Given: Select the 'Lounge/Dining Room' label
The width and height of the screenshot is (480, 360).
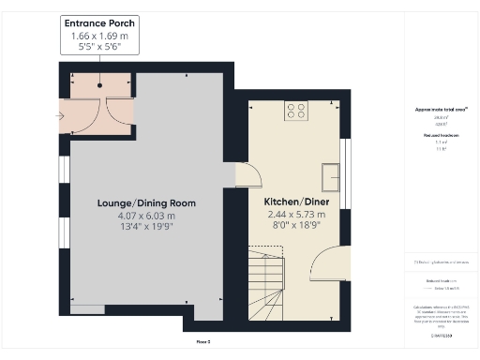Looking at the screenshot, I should (x=147, y=202).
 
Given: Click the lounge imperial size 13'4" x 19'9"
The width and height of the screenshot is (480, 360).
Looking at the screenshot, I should (x=147, y=227).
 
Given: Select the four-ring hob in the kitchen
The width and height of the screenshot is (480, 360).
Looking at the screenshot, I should (x=295, y=111).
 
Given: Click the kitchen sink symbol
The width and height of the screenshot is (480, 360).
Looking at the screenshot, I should (x=330, y=174).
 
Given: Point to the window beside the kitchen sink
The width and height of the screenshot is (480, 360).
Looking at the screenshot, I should (x=345, y=173).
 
